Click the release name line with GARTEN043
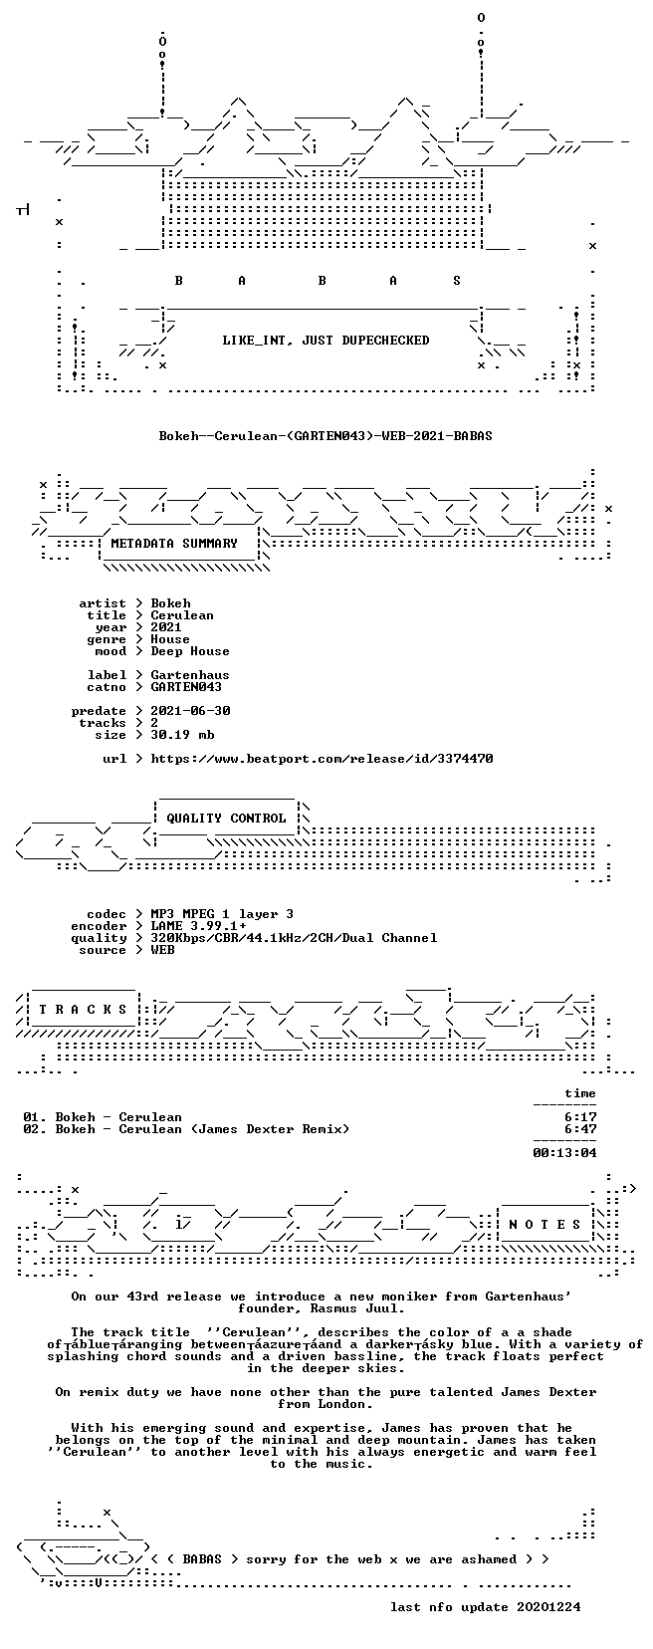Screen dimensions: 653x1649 326,436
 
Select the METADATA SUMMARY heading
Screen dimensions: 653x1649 174,544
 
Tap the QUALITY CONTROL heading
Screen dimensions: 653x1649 226,818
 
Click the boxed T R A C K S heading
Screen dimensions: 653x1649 83,1010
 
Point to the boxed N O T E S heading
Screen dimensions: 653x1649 544,1224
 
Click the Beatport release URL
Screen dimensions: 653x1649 322,758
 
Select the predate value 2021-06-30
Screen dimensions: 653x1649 191,710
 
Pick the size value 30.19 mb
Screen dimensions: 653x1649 182,735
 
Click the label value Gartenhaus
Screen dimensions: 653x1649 190,675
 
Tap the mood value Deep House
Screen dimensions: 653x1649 190,651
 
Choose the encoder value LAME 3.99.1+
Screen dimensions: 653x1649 199,926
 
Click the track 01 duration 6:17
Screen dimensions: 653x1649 581,1116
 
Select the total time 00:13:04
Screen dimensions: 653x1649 564,1153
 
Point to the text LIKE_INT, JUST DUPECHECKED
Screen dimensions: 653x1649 326,341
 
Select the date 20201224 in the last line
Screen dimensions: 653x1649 548,1607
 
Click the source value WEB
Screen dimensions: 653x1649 162,950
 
